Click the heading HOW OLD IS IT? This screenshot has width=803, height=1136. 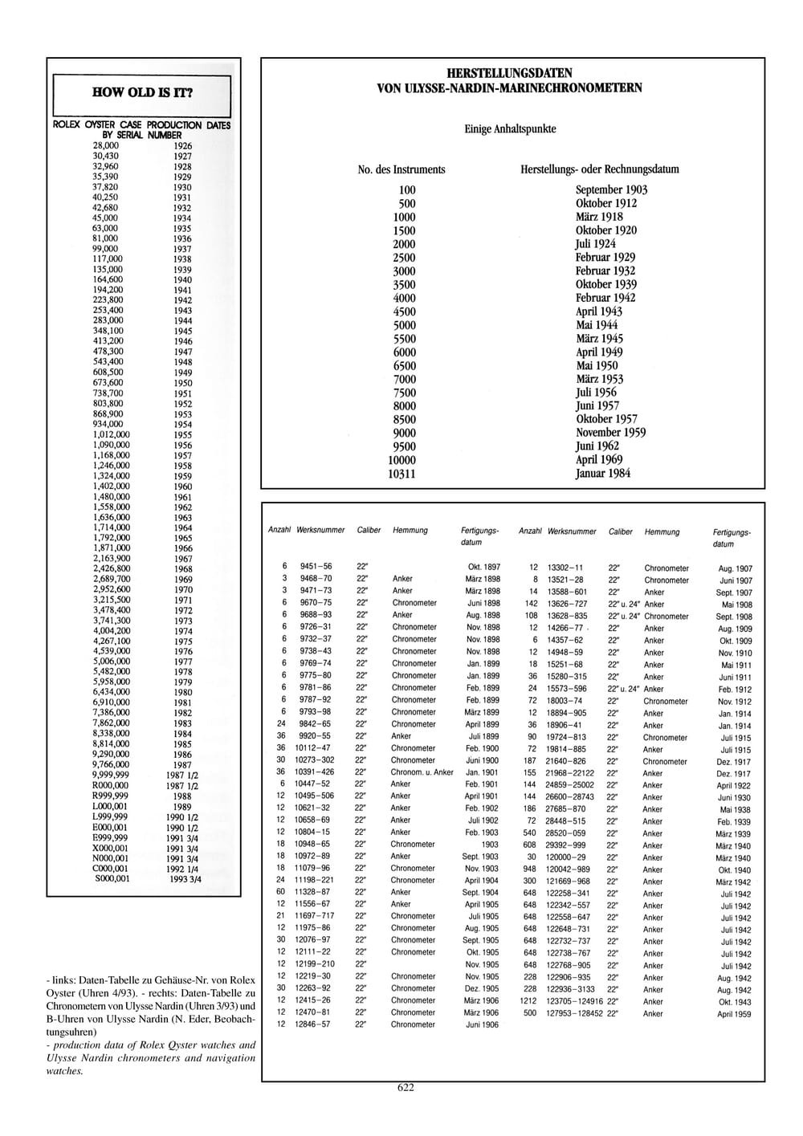(x=142, y=92)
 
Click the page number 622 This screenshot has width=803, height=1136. (x=406, y=1088)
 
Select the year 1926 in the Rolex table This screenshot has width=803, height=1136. (x=182, y=146)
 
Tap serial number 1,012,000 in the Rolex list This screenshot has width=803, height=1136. (x=111, y=434)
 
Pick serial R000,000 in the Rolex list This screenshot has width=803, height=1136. (x=110, y=786)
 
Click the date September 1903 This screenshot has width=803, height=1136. (x=611, y=189)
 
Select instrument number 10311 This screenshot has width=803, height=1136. (x=401, y=474)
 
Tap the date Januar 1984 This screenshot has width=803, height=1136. (x=603, y=474)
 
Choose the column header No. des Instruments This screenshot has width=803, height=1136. (x=401, y=169)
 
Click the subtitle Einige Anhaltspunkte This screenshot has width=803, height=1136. (x=510, y=128)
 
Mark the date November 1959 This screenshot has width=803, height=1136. (x=610, y=433)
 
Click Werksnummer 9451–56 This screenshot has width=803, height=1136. (x=316, y=567)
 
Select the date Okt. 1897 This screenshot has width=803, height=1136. (x=484, y=567)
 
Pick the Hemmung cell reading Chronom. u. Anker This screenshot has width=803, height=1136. (x=422, y=772)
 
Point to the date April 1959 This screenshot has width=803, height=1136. (x=734, y=1015)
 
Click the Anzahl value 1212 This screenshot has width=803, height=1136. (x=528, y=1002)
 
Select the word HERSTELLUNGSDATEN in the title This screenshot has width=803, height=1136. (x=509, y=73)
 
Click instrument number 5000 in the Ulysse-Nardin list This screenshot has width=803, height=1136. (x=404, y=325)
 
